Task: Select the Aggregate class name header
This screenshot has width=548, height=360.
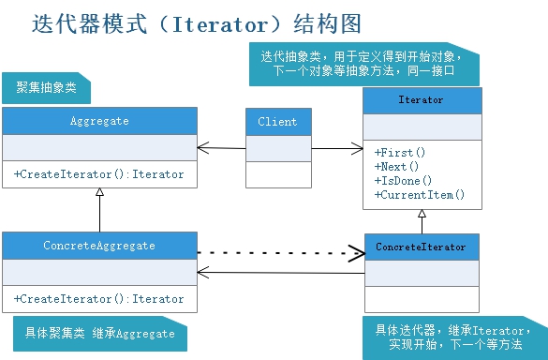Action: pyautogui.click(x=99, y=121)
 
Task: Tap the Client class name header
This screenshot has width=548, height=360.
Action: pyautogui.click(x=277, y=122)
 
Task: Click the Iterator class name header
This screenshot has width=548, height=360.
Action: pyautogui.click(x=422, y=99)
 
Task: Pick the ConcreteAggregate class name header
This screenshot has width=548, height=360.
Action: pyautogui.click(x=99, y=246)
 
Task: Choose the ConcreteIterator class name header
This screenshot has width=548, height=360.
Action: pyautogui.click(x=421, y=247)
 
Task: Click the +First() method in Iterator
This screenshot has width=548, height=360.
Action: pyautogui.click(x=400, y=152)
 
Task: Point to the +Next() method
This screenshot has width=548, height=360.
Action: pyautogui.click(x=397, y=166)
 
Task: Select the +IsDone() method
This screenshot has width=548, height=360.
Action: pyautogui.click(x=403, y=180)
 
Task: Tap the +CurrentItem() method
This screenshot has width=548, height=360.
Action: pyautogui.click(x=420, y=195)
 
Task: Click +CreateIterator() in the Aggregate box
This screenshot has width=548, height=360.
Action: pyautogui.click(x=99, y=174)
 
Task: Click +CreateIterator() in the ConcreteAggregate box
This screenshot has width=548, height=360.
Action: pyautogui.click(x=99, y=298)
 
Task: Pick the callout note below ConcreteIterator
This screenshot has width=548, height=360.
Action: pyautogui.click(x=450, y=337)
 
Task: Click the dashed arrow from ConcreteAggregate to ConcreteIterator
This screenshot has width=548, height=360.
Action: pyautogui.click(x=281, y=252)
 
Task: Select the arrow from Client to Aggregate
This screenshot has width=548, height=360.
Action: pyautogui.click(x=221, y=147)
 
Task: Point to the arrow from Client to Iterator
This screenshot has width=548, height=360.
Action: pyautogui.click(x=337, y=147)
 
